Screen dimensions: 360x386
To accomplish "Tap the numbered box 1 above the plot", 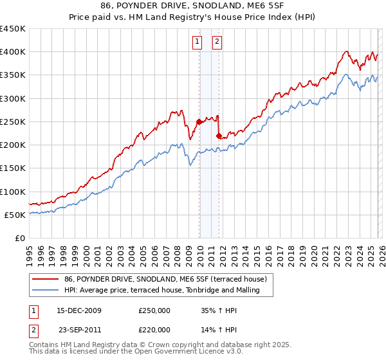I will tap(196, 42).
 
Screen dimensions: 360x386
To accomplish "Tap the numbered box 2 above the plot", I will tap(217, 42).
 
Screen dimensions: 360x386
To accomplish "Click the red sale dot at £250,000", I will tap(199, 122).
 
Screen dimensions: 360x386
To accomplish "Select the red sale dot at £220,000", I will tap(219, 136).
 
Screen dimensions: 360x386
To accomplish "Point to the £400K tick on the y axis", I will tap(13, 52).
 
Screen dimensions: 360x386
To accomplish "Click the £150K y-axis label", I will tap(13, 168).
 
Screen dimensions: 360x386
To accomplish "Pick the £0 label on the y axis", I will tap(19, 238).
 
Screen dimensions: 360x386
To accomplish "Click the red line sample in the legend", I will tap(46, 279).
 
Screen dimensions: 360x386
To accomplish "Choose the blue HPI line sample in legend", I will tap(46, 290).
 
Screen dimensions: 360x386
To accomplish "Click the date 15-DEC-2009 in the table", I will tap(79, 310).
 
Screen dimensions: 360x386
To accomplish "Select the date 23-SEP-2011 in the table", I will tap(80, 329).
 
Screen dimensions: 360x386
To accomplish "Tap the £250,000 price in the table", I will tap(154, 310).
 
